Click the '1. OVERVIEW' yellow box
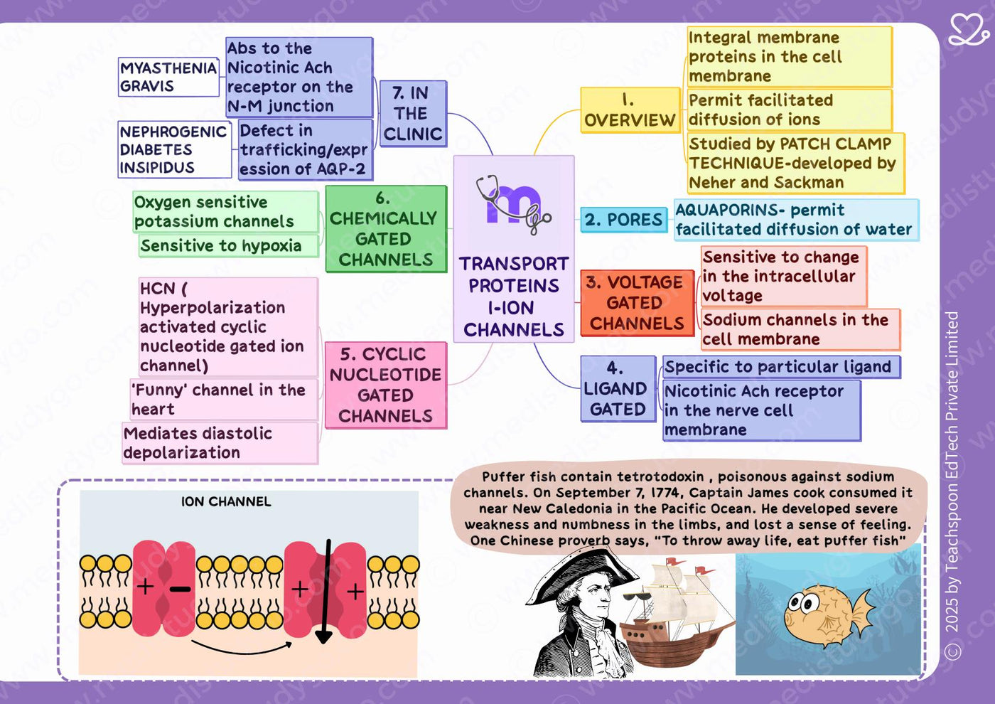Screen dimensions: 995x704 click(x=630, y=110)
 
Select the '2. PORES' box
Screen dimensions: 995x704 click(x=624, y=220)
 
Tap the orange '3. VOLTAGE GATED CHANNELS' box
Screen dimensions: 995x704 click(x=637, y=303)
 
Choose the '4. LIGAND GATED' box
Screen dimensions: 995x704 click(x=618, y=388)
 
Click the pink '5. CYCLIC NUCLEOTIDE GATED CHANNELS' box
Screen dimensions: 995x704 click(x=385, y=385)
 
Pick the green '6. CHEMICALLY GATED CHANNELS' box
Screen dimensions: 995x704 click(x=386, y=229)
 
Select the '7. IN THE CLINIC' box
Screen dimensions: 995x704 click(x=413, y=114)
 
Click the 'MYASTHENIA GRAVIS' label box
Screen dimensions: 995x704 click(x=168, y=77)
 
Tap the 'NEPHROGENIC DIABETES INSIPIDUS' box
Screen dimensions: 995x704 click(x=175, y=150)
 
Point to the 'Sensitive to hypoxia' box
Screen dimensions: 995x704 click(x=229, y=246)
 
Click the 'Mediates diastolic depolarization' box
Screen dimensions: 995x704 click(x=220, y=443)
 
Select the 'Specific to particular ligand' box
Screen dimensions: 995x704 click(x=781, y=367)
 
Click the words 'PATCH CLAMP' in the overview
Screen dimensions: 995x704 click(x=835, y=144)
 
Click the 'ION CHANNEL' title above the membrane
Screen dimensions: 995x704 click(x=226, y=502)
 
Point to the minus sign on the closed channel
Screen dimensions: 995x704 click(x=180, y=590)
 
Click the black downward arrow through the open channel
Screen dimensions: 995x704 click(x=325, y=592)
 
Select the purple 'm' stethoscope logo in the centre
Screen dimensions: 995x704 click(x=513, y=205)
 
